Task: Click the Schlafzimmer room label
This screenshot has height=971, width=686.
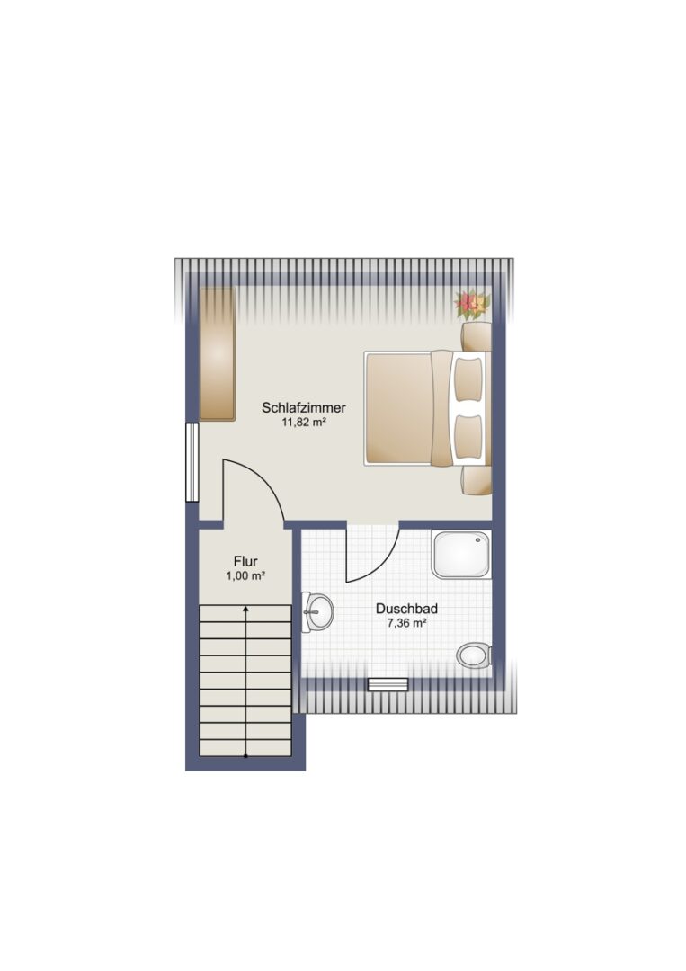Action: click(303, 407)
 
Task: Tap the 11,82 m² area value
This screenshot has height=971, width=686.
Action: click(304, 423)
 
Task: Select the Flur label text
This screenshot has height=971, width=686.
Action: click(245, 562)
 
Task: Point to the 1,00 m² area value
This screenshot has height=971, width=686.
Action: click(245, 576)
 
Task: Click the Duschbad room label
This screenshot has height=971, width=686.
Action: click(406, 609)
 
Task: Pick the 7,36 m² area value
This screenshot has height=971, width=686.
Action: click(406, 624)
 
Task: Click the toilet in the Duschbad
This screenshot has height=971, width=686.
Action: click(474, 655)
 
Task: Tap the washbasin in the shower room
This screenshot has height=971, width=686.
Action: click(317, 612)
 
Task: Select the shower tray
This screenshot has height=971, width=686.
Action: click(462, 554)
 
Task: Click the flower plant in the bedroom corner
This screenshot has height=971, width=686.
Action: click(473, 304)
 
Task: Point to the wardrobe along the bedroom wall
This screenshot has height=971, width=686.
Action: click(218, 353)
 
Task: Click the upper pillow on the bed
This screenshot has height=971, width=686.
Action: click(468, 379)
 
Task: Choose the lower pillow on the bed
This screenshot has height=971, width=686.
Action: click(468, 438)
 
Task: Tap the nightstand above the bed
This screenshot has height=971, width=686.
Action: click(477, 337)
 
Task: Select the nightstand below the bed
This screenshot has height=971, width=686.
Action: click(477, 480)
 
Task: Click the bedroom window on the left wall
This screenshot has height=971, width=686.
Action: click(192, 462)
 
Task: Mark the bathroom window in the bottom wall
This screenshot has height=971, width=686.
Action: click(388, 684)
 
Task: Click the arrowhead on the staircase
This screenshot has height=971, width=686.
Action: click(245, 610)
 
